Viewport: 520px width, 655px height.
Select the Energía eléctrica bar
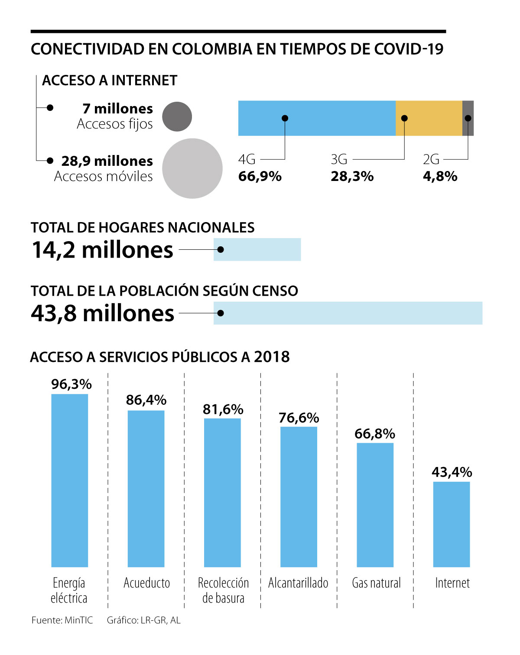point(69,480)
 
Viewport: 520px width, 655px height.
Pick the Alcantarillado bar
point(299,497)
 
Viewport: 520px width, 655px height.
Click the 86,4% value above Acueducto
point(146,400)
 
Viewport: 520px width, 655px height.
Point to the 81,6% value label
point(223,409)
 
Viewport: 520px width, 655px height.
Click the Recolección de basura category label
point(223,590)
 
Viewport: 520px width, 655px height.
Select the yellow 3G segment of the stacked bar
point(429,118)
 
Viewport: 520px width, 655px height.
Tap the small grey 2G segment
point(468,118)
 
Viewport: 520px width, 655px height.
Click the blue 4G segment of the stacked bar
point(316,118)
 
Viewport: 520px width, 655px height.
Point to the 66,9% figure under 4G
point(260,176)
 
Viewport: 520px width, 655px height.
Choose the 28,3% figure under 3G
point(352,176)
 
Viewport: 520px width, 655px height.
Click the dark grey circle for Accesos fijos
point(177,116)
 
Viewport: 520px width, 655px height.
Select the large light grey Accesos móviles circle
point(192,168)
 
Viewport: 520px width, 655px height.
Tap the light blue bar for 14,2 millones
point(257,249)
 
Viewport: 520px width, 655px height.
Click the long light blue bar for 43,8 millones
point(348,313)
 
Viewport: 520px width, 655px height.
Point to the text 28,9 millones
point(107,161)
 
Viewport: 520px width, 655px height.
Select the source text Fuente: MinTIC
point(62,620)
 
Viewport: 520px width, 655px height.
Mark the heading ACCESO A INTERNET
point(110,81)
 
